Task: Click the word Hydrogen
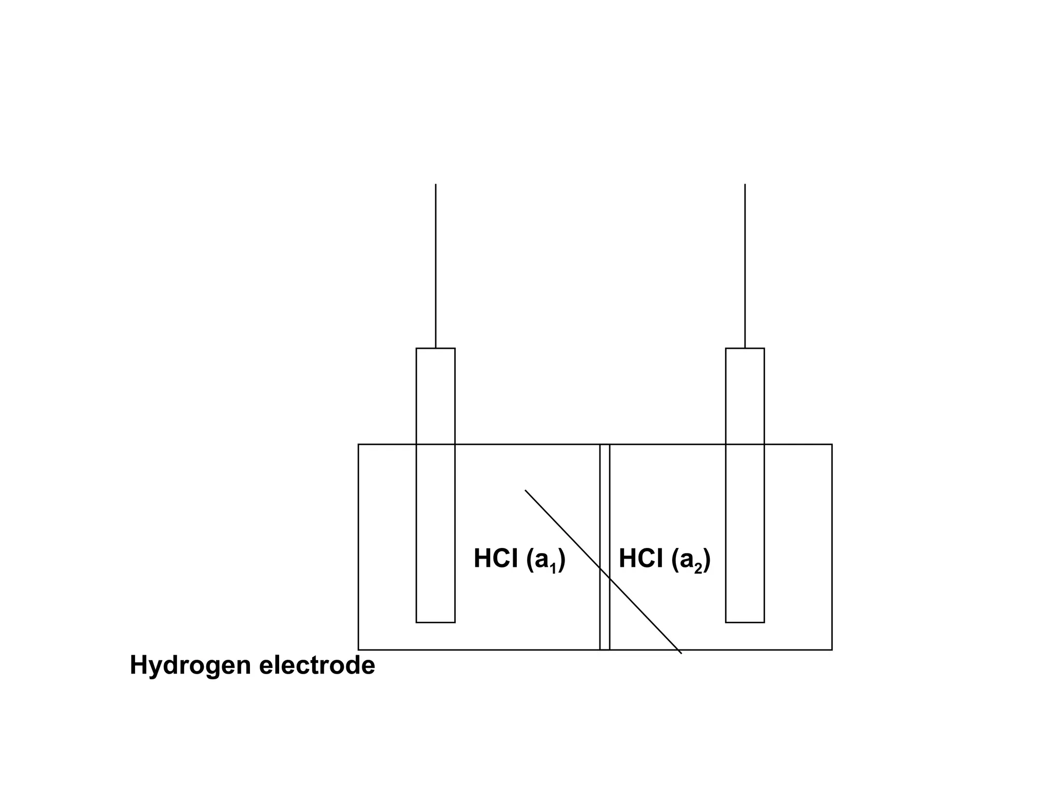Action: point(190,666)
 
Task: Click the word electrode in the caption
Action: point(317,665)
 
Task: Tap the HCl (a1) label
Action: point(519,559)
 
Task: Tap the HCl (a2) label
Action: point(665,559)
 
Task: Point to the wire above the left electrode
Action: point(436,267)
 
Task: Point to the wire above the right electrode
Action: point(745,267)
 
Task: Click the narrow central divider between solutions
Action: point(605,503)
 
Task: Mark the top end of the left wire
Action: point(436,185)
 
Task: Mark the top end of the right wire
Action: point(745,185)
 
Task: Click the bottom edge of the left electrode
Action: point(435,622)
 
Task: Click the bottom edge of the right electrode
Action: point(745,622)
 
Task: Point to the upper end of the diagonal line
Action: point(525,491)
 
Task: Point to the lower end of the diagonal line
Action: point(681,653)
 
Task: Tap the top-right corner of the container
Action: point(832,444)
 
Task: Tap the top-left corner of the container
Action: point(358,444)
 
